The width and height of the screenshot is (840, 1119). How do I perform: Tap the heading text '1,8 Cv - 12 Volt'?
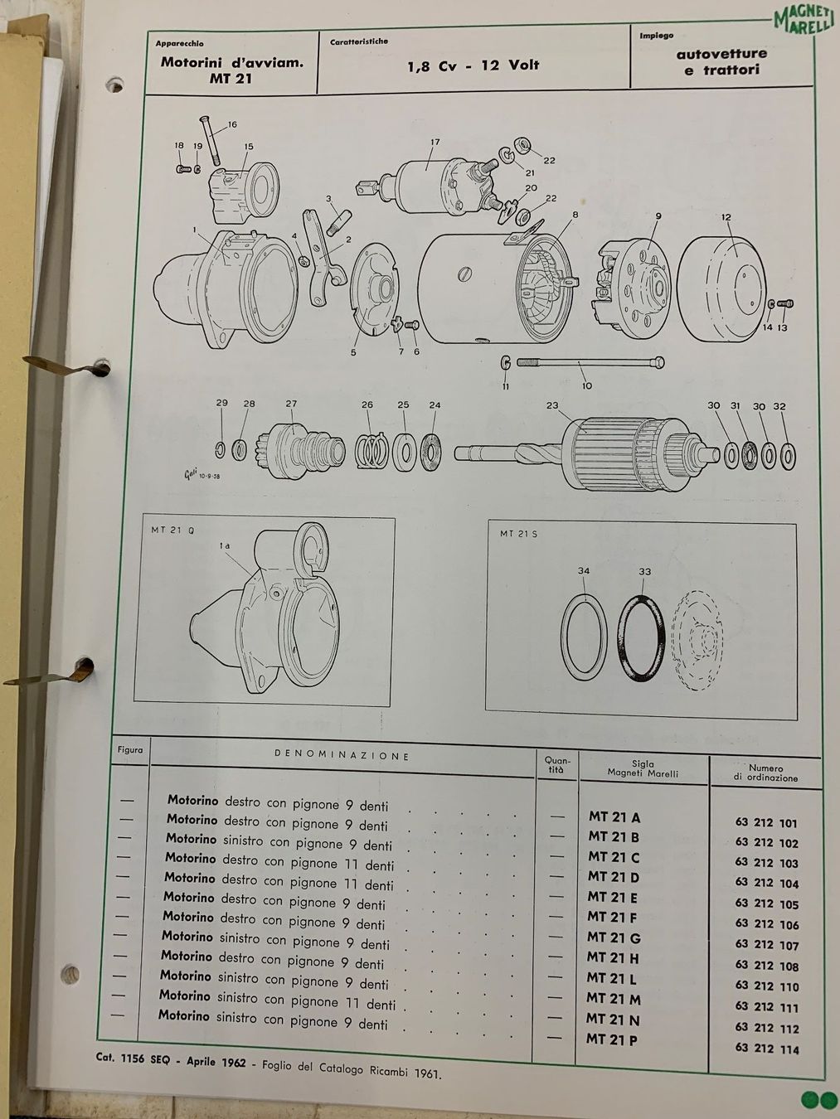point(473,65)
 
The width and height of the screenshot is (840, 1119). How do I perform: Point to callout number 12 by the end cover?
point(726,217)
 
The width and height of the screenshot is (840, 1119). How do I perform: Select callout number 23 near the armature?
point(552,406)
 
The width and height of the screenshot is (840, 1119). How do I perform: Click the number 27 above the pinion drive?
point(291,404)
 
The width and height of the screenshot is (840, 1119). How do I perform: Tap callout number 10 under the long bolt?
point(586,386)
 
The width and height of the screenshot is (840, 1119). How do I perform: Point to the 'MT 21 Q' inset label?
point(172,530)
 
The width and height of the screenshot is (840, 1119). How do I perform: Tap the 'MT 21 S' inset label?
point(518,535)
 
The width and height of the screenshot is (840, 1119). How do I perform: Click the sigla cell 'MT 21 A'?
point(614,817)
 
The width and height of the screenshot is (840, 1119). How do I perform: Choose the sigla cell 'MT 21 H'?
point(613,958)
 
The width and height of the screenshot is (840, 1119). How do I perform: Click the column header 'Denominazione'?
point(342,755)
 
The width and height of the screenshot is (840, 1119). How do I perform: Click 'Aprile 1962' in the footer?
point(216,1062)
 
